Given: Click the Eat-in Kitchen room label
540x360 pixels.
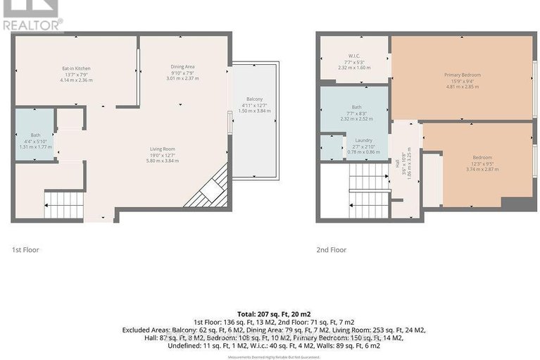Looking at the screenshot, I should [76, 68].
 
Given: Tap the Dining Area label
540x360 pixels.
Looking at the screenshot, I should [182, 67].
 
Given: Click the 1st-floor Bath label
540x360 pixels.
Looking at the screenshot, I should [35, 135].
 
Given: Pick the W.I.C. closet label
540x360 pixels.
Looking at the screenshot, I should [353, 56].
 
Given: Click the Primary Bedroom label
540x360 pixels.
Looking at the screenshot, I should [461, 75].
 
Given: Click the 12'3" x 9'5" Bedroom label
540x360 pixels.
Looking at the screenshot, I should [482, 157].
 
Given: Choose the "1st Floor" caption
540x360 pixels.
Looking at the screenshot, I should [26, 249].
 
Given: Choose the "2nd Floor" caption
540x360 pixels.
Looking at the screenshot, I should [331, 249].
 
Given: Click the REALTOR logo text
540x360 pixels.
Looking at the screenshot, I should [32, 23].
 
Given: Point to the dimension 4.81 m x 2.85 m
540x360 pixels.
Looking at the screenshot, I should [461, 86].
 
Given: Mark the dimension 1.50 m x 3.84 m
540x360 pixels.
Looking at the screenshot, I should [254, 111].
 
